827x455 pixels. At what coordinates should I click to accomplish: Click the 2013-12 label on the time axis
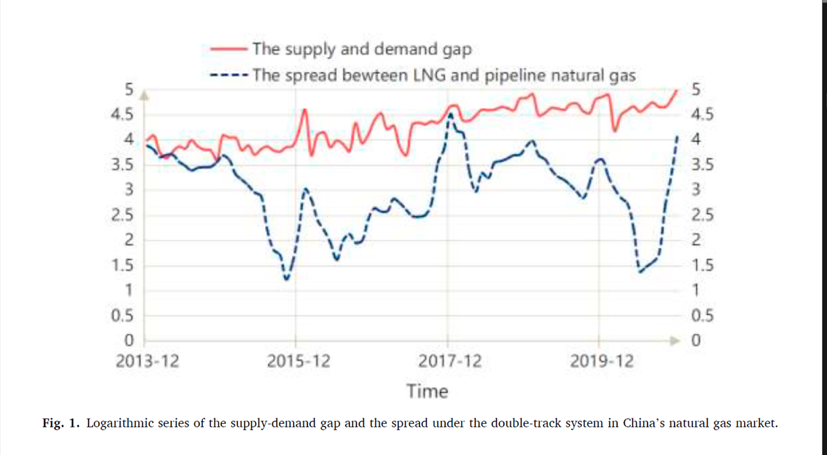pyautogui.click(x=147, y=362)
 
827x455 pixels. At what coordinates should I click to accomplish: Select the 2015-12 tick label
pyautogui.click(x=298, y=362)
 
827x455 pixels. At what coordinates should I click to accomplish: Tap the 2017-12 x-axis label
pyautogui.click(x=450, y=362)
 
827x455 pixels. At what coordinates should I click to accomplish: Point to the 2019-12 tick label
pyautogui.click(x=602, y=362)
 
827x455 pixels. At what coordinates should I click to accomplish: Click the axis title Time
pyautogui.click(x=427, y=391)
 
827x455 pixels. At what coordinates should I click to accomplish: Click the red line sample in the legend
pyautogui.click(x=228, y=49)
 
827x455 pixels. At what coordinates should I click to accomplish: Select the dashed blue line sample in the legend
pyautogui.click(x=228, y=75)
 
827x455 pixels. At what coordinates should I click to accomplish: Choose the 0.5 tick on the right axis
pyautogui.click(x=702, y=316)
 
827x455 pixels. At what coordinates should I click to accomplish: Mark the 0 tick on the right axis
pyautogui.click(x=696, y=341)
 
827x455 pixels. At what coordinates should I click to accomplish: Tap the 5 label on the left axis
pyautogui.click(x=129, y=90)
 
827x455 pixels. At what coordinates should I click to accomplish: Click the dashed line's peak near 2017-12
pyautogui.click(x=451, y=114)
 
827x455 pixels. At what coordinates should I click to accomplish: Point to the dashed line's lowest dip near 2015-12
pyautogui.click(x=286, y=279)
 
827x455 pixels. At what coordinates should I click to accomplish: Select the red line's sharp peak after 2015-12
pyautogui.click(x=305, y=109)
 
